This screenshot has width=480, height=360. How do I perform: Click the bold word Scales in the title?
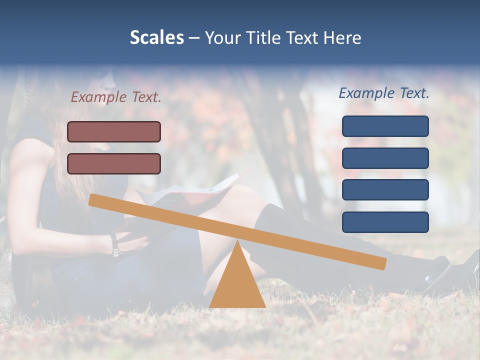click(x=156, y=37)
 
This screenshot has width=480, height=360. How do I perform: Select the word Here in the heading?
click(x=342, y=37)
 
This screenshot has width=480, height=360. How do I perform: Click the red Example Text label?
click(x=116, y=97)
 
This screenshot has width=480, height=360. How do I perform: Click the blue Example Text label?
click(x=384, y=93)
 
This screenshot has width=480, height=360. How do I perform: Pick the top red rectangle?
click(x=114, y=131)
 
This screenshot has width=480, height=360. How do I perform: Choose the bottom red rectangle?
click(x=114, y=163)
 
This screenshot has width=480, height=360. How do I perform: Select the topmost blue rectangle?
click(x=385, y=126)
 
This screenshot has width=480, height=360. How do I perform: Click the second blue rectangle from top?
click(x=385, y=158)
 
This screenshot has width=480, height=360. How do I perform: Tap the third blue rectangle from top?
click(x=385, y=190)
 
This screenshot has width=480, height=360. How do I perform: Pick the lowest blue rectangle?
click(x=385, y=222)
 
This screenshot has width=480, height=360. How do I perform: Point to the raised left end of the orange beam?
click(x=94, y=199)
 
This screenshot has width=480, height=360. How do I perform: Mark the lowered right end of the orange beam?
click(x=381, y=263)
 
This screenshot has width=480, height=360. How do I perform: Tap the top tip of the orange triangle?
click(x=237, y=242)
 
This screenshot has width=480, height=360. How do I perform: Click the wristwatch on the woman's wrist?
click(x=115, y=245)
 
